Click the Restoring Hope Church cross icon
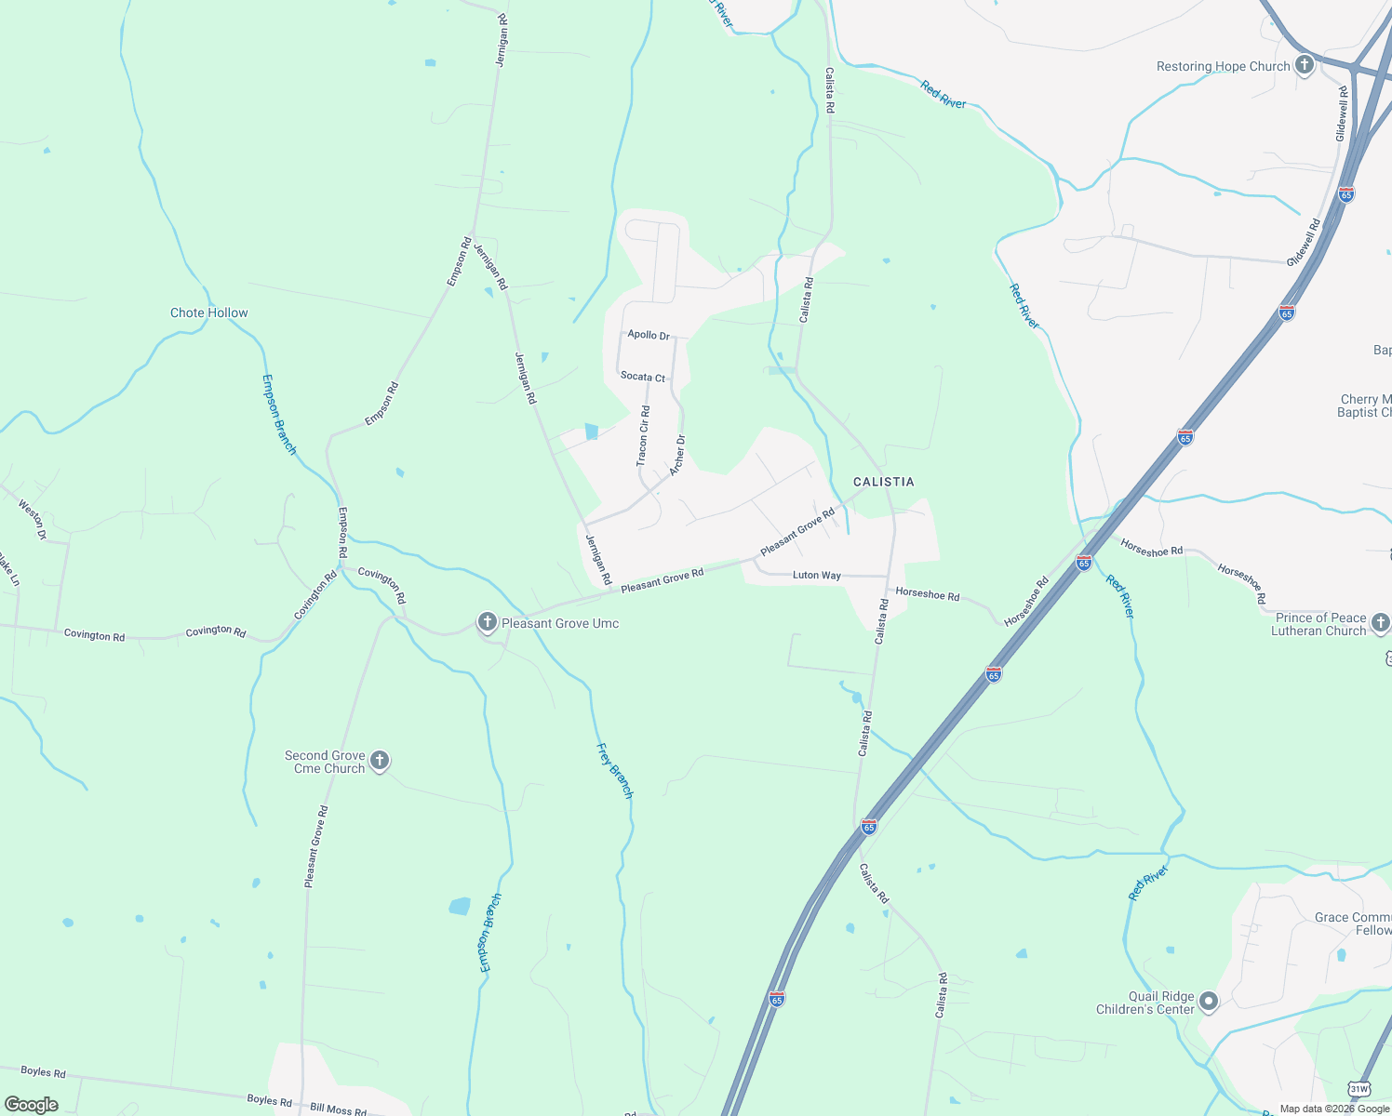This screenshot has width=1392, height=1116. (1305, 65)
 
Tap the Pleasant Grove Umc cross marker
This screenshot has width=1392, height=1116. (487, 622)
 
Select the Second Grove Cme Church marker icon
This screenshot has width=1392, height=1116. (379, 761)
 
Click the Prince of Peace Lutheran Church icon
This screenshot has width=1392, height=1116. (1380, 623)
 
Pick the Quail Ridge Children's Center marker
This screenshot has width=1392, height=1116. (1209, 1002)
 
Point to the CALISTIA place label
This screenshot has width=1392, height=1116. (884, 482)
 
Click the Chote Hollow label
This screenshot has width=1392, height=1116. (209, 312)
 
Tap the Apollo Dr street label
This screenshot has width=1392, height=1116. (649, 335)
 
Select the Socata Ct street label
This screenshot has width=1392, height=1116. (643, 377)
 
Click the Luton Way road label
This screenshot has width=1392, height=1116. (817, 575)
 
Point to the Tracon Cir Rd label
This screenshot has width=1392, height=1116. (643, 435)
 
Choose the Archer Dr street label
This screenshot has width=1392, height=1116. (677, 455)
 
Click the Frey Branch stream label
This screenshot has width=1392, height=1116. (615, 770)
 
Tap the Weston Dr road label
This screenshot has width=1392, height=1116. (33, 520)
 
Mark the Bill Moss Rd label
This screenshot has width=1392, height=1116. (339, 1109)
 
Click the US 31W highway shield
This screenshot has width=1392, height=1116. (1359, 1089)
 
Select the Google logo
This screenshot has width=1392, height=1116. (32, 1105)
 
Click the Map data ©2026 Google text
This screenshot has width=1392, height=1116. (1334, 1109)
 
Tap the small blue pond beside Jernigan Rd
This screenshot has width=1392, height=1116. (591, 432)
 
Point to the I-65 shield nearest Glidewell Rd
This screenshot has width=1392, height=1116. (1346, 193)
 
